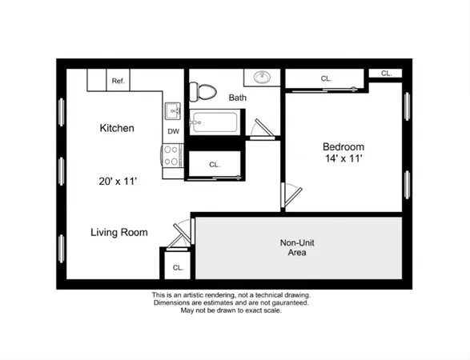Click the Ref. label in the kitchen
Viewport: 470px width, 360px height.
pyautogui.click(x=119, y=81)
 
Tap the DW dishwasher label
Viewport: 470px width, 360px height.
pyautogui.click(x=173, y=131)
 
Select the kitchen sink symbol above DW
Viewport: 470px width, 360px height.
pyautogui.click(x=173, y=110)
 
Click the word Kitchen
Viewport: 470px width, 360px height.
pyautogui.click(x=116, y=128)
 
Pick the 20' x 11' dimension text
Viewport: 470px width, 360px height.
pyautogui.click(x=117, y=182)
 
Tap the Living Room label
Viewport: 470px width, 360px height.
pyautogui.click(x=119, y=233)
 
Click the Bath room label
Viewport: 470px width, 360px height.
pyautogui.click(x=237, y=98)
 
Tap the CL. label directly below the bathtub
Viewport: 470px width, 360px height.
pyautogui.click(x=215, y=164)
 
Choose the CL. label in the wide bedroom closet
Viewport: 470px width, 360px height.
pyautogui.click(x=326, y=78)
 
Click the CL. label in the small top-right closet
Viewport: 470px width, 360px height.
pyautogui.click(x=386, y=73)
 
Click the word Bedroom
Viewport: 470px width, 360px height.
pyautogui.click(x=343, y=146)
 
